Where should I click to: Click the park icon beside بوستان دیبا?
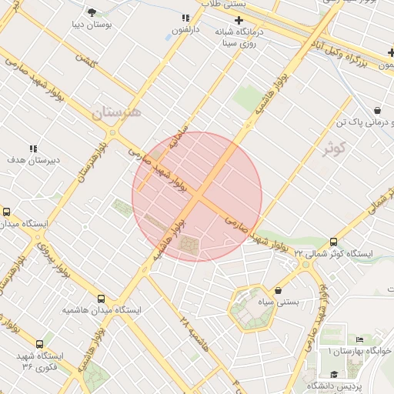point(92,12)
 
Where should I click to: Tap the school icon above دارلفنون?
point(185,17)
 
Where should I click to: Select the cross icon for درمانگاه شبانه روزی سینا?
point(239,20)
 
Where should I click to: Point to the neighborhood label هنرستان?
point(117,112)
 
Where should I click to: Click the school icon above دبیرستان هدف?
point(32,148)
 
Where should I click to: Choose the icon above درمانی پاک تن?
point(377,111)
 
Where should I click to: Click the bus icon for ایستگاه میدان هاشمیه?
point(101,299)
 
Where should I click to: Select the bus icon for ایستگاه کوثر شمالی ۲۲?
point(333,242)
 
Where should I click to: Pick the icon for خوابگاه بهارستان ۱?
point(359,340)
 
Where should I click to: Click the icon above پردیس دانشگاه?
point(333,374)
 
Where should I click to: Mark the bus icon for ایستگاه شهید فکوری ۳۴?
point(39,345)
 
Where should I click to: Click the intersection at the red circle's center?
point(197,197)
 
